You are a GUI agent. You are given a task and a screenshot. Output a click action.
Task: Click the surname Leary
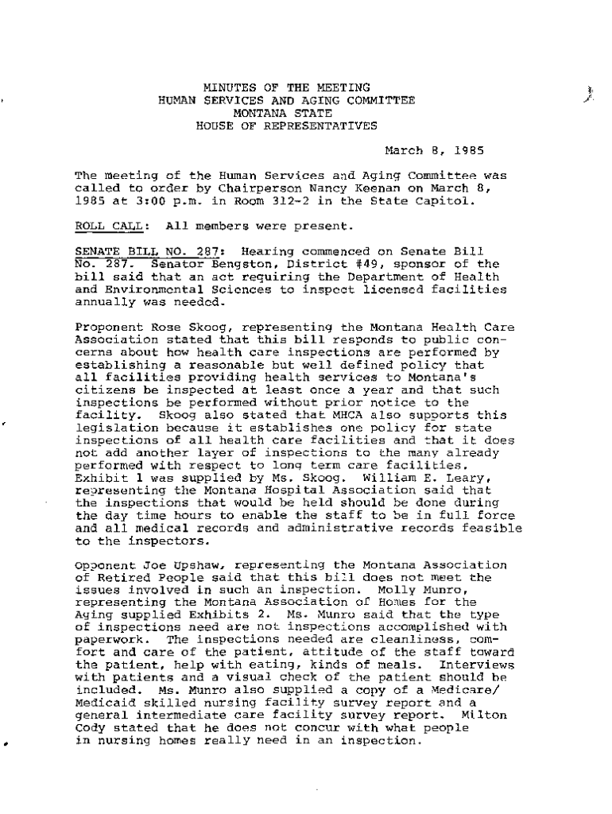pos(456,479)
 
